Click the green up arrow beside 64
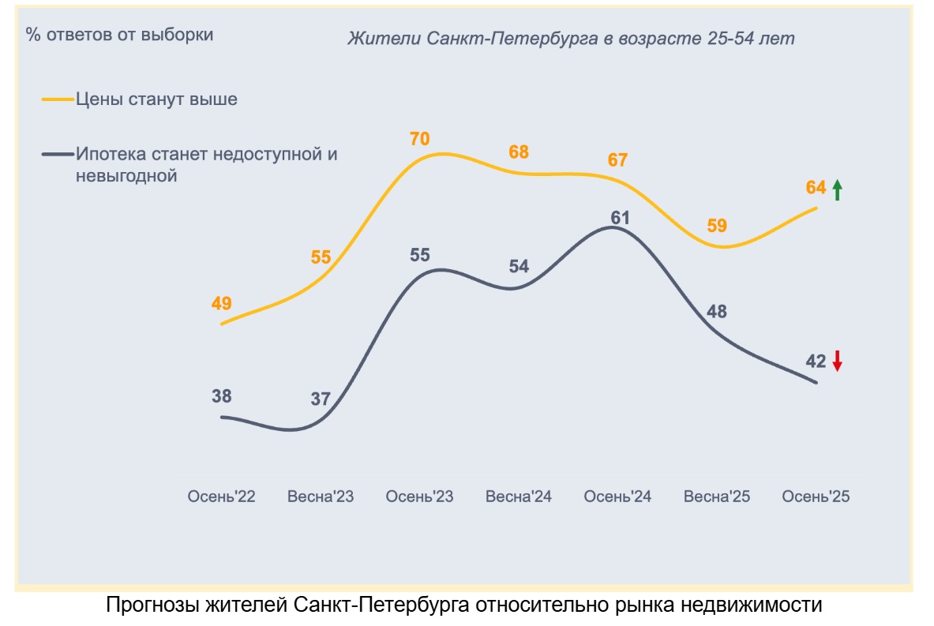coord(838,189)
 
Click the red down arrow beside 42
coord(838,362)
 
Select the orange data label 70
coord(419,140)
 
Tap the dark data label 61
coord(620,217)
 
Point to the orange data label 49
coord(221,303)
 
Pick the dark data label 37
coord(320,399)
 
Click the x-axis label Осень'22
coord(221,497)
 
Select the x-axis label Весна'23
coord(321,497)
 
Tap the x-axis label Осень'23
coord(419,497)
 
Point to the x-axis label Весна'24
coord(519,497)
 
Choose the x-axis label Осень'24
coord(617,497)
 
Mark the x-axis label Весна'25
coord(717,497)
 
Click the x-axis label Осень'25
coord(816,497)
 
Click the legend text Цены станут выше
coord(157,99)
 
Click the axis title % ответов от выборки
coord(120,35)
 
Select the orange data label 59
coord(717,226)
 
